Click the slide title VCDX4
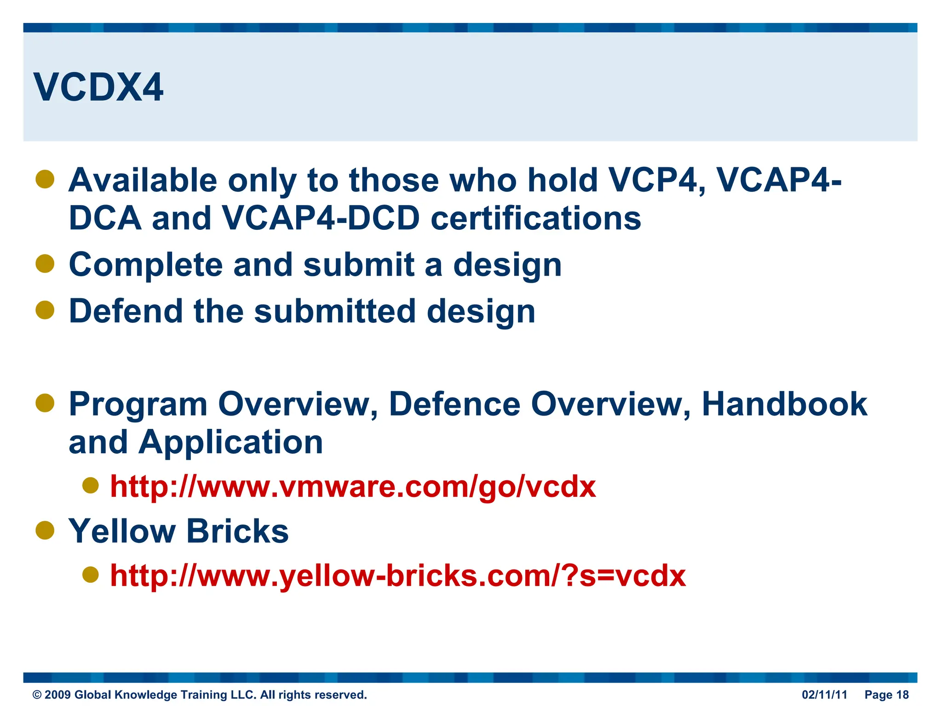tap(98, 87)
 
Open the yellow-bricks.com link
tap(398, 575)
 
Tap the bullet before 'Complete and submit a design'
tap(45, 264)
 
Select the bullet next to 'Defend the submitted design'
tap(45, 310)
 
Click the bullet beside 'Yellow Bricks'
tap(45, 530)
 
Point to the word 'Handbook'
tap(784, 404)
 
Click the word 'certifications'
tap(535, 218)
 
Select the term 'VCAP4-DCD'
tap(321, 218)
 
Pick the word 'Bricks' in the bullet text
tap(237, 531)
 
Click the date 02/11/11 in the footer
tap(824, 695)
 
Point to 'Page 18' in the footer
tap(886, 695)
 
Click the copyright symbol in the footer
tap(37, 695)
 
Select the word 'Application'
tap(230, 442)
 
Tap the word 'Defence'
tap(454, 404)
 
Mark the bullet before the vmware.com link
tap(91, 485)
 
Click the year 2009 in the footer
tap(57, 695)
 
